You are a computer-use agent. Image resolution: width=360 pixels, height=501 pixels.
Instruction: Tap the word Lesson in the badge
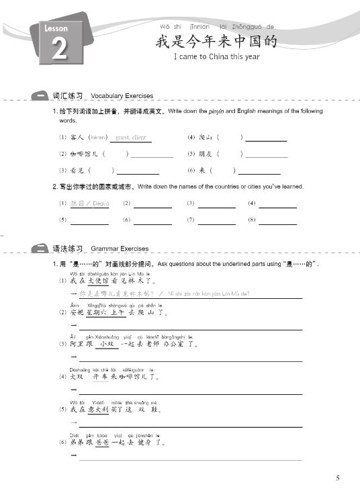tap(56, 30)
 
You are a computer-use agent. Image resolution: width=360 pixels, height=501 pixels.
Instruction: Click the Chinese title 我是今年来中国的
tap(216, 42)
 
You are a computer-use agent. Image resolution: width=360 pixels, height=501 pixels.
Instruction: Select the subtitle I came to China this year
tap(216, 57)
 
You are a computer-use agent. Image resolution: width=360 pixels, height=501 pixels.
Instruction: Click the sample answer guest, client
tap(131, 138)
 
